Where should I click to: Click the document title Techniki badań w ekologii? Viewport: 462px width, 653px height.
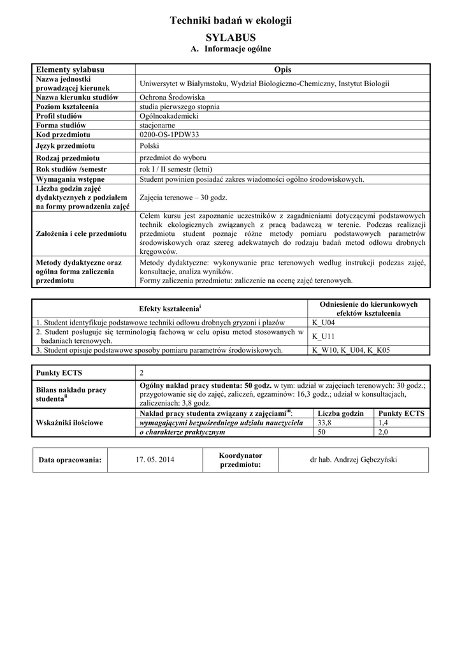(x=231, y=21)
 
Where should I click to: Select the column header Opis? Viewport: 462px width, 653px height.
(x=282, y=70)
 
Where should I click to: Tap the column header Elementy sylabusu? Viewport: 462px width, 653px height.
(x=70, y=70)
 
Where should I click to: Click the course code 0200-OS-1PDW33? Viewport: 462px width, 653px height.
(x=169, y=135)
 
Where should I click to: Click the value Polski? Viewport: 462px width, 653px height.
(x=149, y=146)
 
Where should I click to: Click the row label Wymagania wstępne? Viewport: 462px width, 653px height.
(x=70, y=179)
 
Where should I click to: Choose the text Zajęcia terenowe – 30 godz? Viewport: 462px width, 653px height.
(x=184, y=198)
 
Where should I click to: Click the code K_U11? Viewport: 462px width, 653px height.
(x=323, y=336)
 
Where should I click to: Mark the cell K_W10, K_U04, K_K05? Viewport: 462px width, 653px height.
(x=351, y=350)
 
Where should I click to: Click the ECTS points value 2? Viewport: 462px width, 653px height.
(x=141, y=372)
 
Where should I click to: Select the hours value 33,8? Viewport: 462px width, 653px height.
(x=325, y=423)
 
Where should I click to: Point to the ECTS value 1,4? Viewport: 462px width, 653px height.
(x=383, y=423)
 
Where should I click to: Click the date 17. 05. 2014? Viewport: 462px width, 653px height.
(x=155, y=459)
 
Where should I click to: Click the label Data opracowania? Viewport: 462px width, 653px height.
(x=70, y=459)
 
